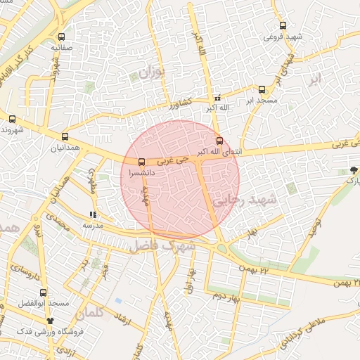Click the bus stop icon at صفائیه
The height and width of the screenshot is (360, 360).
point(61,37)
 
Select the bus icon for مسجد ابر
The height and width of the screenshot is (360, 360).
point(262,90)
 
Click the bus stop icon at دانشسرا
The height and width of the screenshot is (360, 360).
point(142,162)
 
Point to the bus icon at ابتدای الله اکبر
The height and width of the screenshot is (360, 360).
point(219,141)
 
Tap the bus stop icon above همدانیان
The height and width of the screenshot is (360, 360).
point(65,137)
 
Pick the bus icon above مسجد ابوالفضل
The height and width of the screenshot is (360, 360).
point(44,292)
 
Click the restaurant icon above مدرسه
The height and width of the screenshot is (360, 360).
point(93,215)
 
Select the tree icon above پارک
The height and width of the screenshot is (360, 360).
point(354,171)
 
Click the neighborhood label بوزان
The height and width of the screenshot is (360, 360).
point(150,72)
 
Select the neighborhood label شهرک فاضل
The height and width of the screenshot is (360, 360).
point(161,247)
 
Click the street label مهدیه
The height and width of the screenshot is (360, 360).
point(169,319)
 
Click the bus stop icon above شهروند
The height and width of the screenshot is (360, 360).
point(13,119)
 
